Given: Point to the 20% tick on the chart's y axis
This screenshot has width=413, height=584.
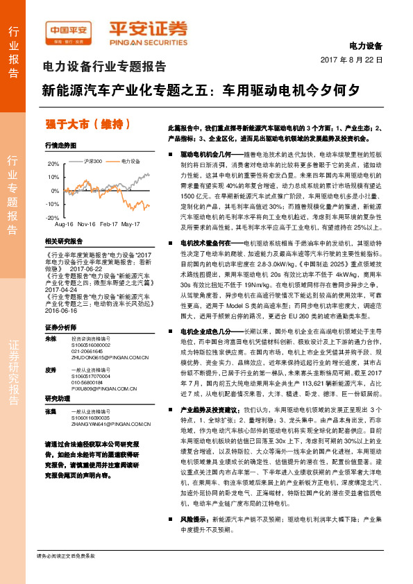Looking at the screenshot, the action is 54,164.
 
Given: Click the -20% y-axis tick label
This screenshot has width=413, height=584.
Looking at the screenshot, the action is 53,218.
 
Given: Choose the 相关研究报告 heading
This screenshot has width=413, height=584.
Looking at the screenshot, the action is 63,241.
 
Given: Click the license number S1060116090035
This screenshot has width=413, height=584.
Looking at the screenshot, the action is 91,418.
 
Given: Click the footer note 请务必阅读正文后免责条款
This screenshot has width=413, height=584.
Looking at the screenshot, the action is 66,575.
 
